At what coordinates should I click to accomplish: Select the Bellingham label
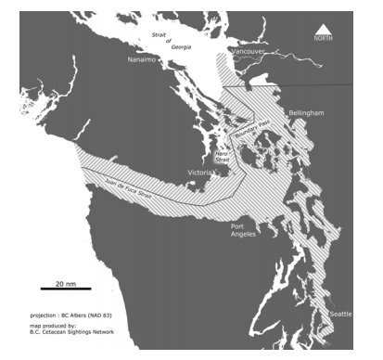[x=307, y=112]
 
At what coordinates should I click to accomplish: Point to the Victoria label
[x=200, y=174]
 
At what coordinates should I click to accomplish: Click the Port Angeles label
[x=244, y=229]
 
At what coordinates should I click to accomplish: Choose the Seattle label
[x=340, y=315]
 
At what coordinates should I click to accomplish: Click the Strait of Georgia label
[x=176, y=40]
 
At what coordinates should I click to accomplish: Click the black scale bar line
[x=65, y=289]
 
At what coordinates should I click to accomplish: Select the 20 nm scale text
[x=65, y=280]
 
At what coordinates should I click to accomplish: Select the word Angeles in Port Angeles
[x=244, y=234]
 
